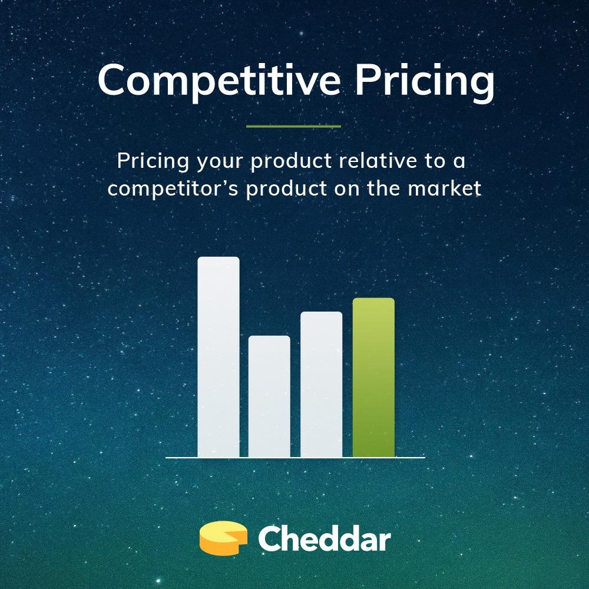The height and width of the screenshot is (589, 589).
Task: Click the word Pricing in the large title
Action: [424, 81]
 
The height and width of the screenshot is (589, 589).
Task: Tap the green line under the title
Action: [293, 126]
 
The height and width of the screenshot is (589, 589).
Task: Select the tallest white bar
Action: [219, 356]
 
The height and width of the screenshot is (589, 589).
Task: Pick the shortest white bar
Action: [269, 396]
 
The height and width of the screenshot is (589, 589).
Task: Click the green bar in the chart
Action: [373, 377]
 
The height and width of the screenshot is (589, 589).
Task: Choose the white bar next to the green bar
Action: [321, 384]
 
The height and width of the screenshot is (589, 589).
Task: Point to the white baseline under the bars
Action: [294, 457]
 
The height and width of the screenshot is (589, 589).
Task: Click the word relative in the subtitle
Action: [372, 161]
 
